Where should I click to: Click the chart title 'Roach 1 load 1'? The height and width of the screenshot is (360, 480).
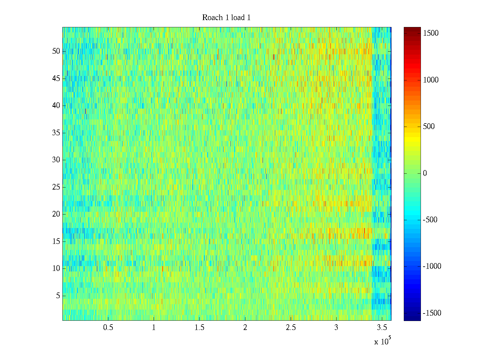(x=226, y=18)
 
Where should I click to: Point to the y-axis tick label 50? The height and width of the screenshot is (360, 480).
(x=56, y=51)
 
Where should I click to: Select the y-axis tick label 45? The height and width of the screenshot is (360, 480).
(x=56, y=79)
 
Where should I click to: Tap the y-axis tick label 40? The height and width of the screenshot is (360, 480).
(x=56, y=106)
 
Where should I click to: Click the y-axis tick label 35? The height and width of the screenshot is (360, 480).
(x=56, y=133)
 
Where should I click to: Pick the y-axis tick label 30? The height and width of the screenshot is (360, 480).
(x=56, y=160)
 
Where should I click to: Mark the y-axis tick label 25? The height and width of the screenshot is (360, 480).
(x=56, y=187)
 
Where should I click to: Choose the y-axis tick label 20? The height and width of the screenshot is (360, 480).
(x=56, y=214)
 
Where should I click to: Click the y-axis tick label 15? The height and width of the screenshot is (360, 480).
(x=56, y=241)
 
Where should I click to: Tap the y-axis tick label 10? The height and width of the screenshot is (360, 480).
(x=56, y=268)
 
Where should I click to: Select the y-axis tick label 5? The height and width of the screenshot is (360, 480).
(x=58, y=296)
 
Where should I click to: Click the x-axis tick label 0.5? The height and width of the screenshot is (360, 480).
(x=108, y=328)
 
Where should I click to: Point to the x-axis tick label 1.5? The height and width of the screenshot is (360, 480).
(x=199, y=328)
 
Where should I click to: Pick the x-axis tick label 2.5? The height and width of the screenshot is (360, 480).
(x=291, y=328)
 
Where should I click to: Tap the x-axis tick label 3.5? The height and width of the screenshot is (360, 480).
(x=382, y=328)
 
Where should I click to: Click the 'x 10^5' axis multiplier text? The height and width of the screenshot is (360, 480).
(x=382, y=341)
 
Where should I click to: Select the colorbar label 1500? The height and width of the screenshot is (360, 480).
(x=431, y=33)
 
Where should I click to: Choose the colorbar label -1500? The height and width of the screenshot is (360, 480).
(x=432, y=313)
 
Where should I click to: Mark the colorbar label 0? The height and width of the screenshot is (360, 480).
(x=425, y=173)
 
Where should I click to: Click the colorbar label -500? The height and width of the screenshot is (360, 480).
(x=430, y=220)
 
